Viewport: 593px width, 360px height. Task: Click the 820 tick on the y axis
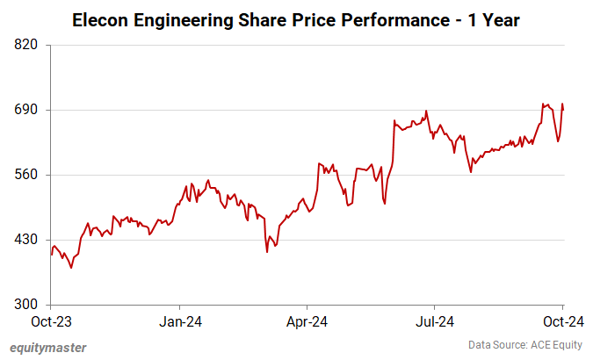(x=29, y=45)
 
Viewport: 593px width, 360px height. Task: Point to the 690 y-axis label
(x=29, y=110)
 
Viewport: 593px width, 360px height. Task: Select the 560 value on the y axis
(x=29, y=175)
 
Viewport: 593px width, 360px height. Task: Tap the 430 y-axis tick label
(x=29, y=240)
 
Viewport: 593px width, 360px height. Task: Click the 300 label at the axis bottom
(x=29, y=305)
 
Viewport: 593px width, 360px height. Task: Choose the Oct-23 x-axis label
(x=51, y=322)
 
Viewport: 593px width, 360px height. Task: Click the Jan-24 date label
(x=179, y=322)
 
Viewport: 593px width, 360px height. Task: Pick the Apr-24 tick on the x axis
(x=307, y=322)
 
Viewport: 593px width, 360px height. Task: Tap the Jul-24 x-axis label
(x=435, y=322)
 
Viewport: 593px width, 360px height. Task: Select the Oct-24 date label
(x=562, y=322)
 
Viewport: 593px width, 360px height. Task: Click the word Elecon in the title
(x=101, y=18)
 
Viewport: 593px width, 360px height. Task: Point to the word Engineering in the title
(x=184, y=18)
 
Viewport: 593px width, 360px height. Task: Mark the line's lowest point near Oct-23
(x=71, y=268)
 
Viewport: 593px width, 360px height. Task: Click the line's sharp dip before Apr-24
(x=267, y=252)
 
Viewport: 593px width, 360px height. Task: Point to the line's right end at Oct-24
(x=562, y=108)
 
